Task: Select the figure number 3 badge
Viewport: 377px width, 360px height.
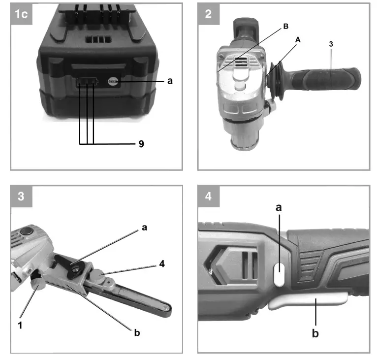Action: point(22,196)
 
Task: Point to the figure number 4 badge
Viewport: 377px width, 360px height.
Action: point(208,196)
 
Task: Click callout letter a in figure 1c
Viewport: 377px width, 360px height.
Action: point(170,81)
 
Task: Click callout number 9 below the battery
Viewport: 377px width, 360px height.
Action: point(141,144)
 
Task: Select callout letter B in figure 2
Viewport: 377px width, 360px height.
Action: point(285,28)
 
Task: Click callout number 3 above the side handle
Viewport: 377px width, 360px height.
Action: point(331,44)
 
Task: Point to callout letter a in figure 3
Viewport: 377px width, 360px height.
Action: point(144,228)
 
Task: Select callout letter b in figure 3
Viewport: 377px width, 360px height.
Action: point(137,333)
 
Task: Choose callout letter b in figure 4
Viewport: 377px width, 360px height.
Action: point(315,333)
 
